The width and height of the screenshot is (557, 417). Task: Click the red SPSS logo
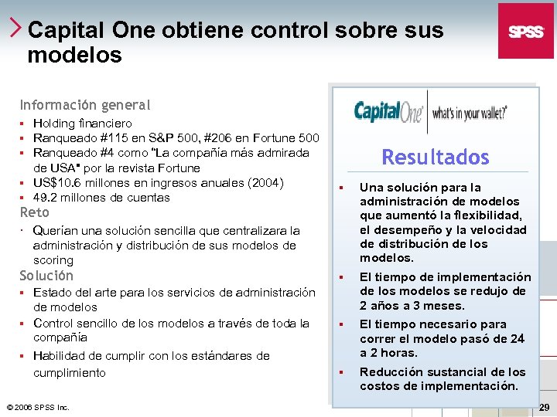point(526,31)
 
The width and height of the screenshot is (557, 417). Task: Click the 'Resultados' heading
point(436,158)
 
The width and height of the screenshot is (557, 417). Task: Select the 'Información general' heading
point(85,105)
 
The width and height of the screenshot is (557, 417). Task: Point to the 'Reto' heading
point(34,212)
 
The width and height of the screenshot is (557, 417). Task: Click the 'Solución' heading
point(46,276)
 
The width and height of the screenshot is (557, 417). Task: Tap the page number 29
point(544,407)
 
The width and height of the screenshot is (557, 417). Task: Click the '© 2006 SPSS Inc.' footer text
point(38,407)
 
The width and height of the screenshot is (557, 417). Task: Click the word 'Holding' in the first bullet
point(54,124)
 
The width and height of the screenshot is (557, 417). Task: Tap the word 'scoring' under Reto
point(53,260)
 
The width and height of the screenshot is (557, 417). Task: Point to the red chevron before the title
point(17,29)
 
